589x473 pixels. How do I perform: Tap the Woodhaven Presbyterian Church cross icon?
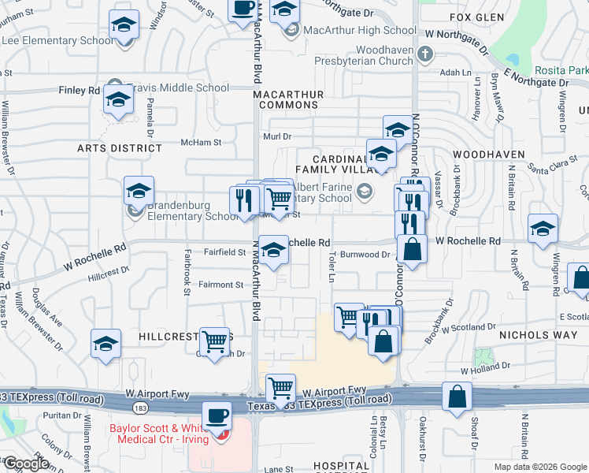pyautogui.click(x=425, y=54)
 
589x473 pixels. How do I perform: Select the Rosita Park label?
pyautogui.click(x=561, y=70)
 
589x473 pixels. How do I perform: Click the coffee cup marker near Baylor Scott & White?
pyautogui.click(x=217, y=414)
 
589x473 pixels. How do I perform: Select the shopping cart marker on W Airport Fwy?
pyautogui.click(x=280, y=387)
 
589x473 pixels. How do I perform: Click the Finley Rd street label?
pyautogui.click(x=80, y=91)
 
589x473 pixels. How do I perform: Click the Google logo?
pyautogui.click(x=26, y=464)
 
